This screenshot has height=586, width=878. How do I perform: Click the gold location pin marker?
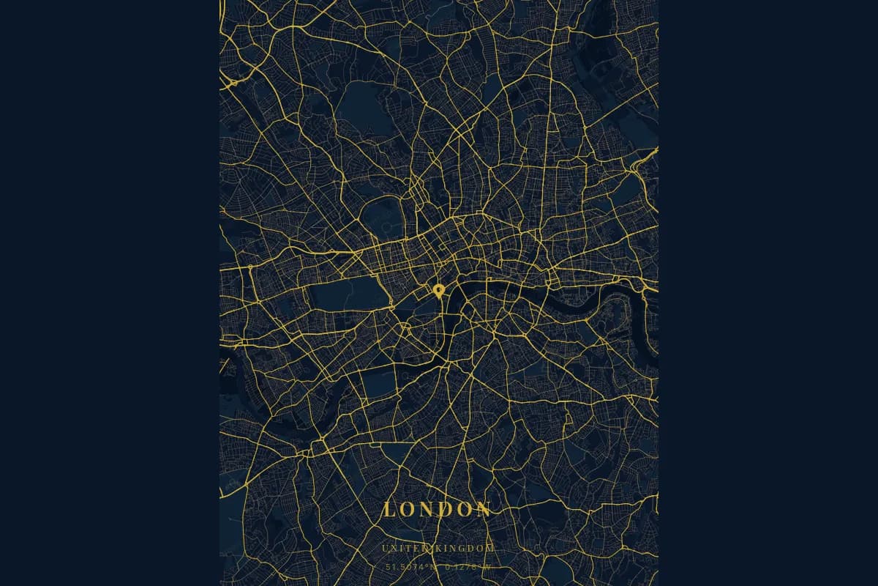coord(439,291)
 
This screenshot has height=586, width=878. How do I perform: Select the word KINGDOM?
coord(467,549)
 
